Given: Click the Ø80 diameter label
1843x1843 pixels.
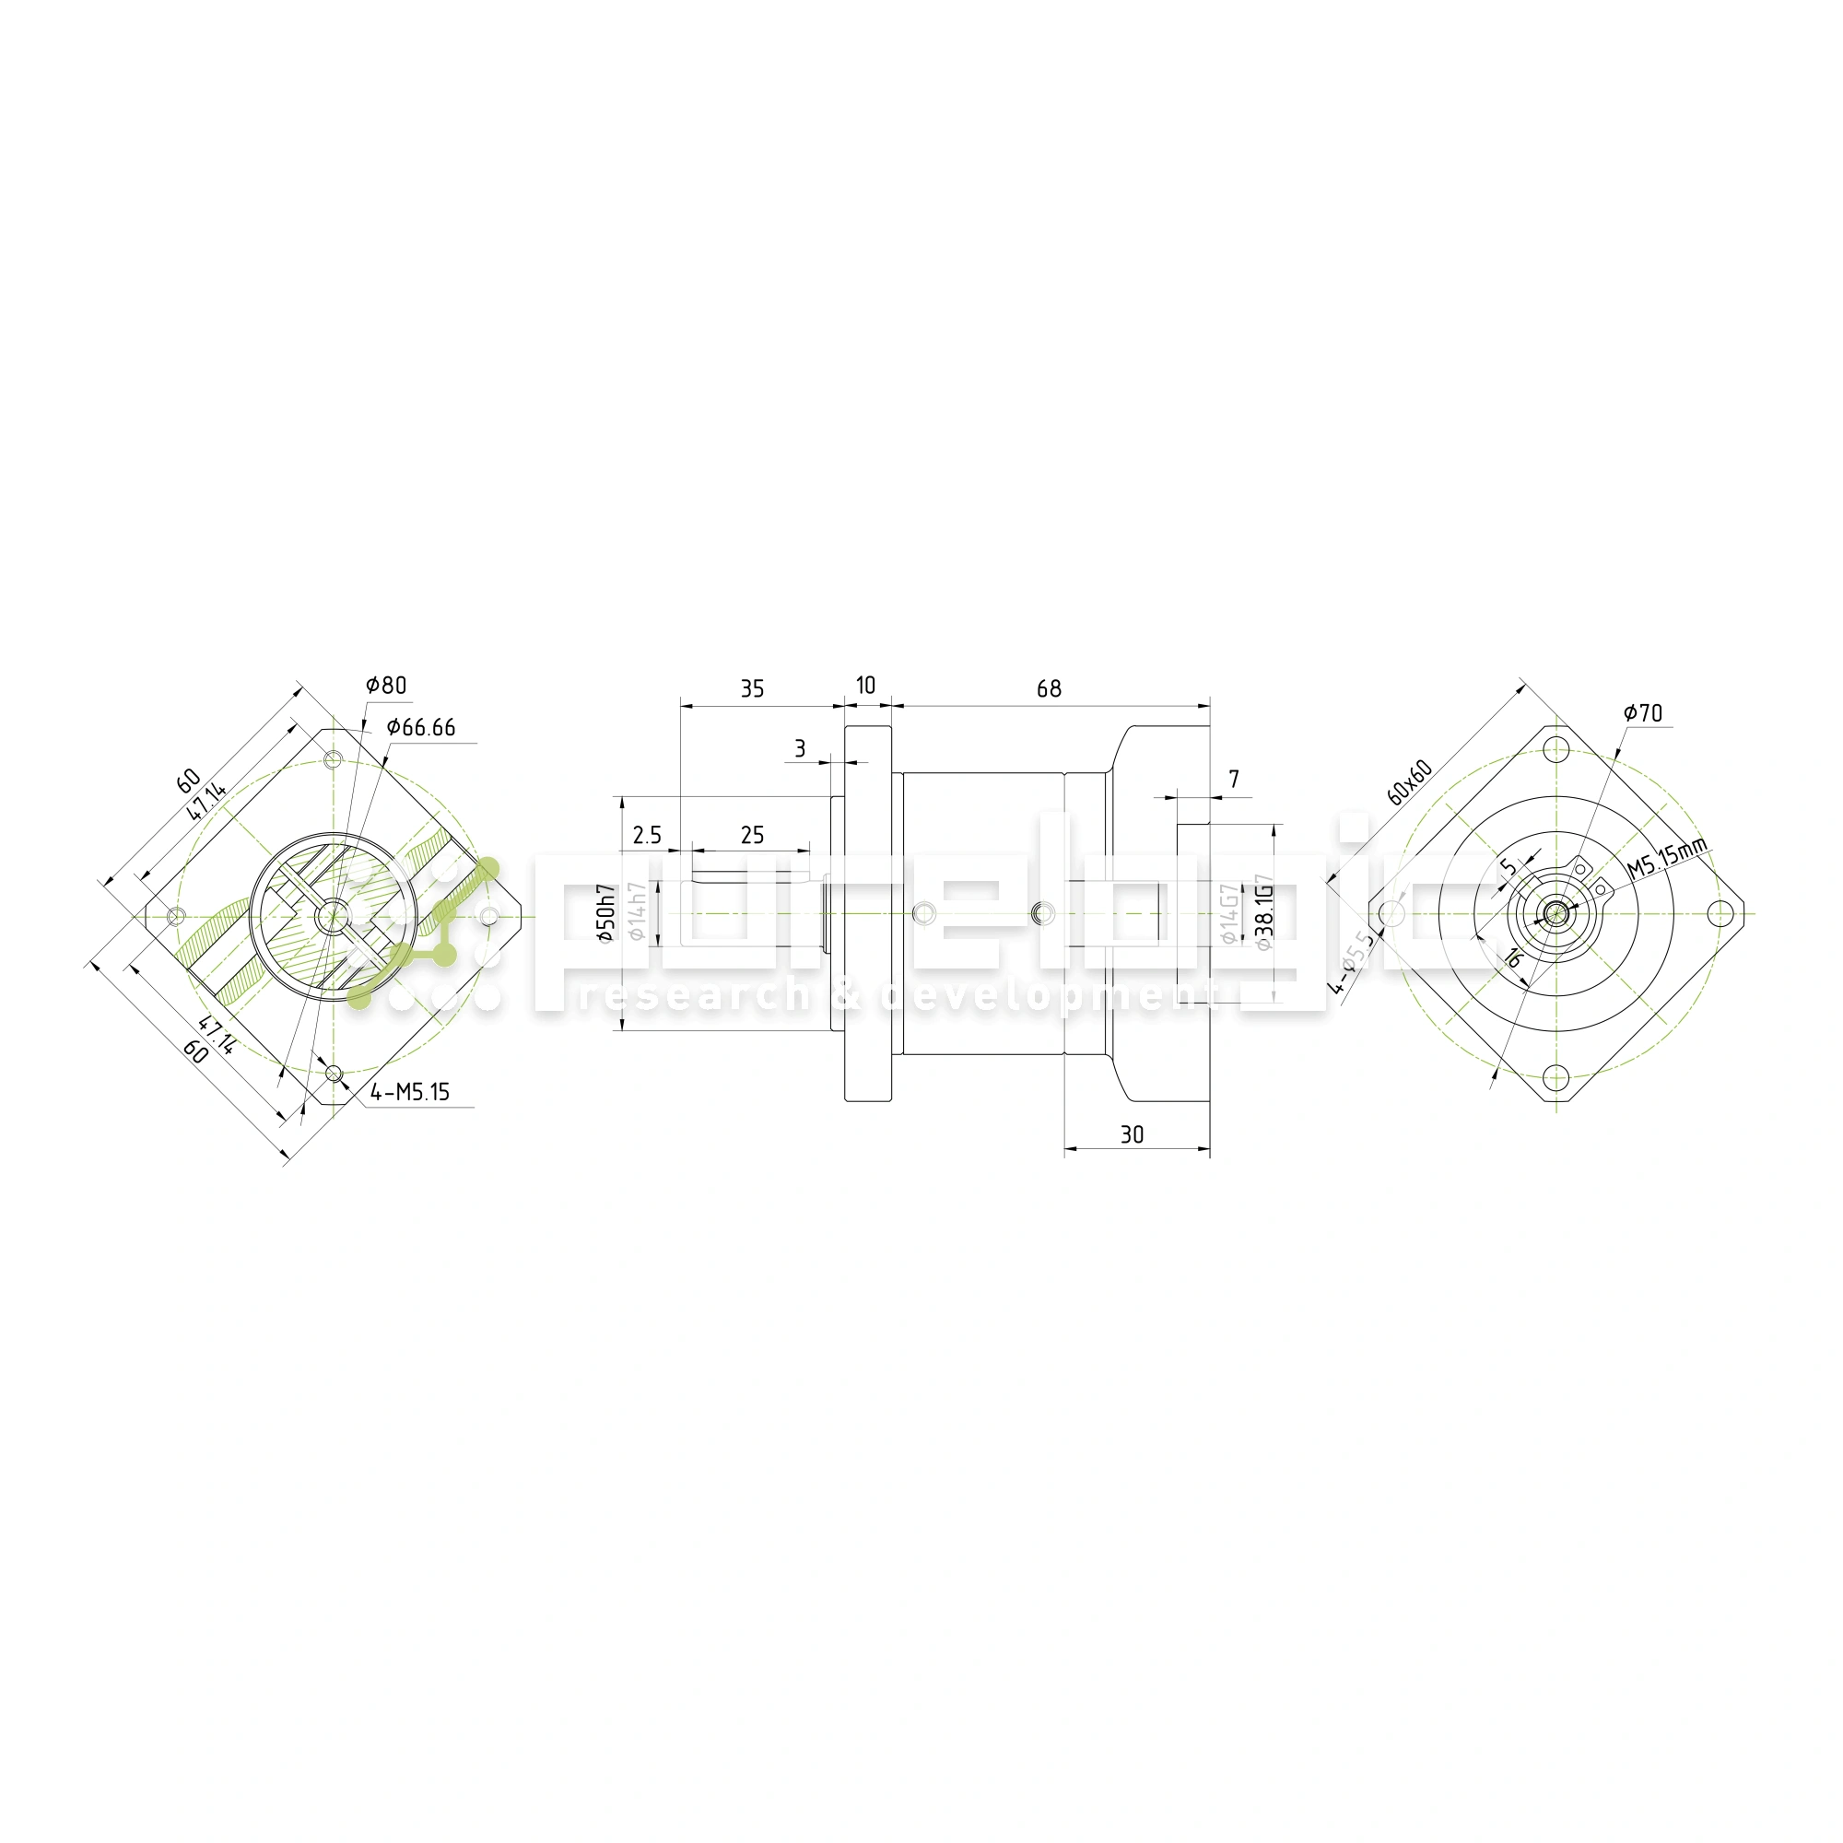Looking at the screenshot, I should coord(386,685).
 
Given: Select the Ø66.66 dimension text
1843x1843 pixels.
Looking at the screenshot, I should coord(421,728).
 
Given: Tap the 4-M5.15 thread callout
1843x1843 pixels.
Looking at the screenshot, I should coord(410,1092).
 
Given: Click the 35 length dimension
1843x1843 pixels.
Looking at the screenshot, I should coord(752,688).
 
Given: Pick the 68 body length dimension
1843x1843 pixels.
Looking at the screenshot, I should coord(1049,688).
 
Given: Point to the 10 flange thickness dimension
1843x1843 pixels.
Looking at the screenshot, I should coord(865,685).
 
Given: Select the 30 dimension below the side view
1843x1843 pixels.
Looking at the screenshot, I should coord(1132,1134).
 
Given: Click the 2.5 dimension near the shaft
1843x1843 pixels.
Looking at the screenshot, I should coord(647,836).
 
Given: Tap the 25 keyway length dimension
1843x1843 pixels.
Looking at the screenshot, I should coord(752,836).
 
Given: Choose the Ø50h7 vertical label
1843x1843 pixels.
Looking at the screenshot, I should coord(605,913).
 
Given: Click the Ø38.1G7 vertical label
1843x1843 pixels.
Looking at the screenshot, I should coord(1264,912).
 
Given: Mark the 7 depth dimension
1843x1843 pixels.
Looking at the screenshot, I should coord(1234,780).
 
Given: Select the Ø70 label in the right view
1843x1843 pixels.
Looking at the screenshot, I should coord(1643,712).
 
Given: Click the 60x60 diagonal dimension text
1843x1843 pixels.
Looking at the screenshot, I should coord(1410,782).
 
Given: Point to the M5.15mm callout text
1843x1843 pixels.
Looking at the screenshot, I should coord(1666,858).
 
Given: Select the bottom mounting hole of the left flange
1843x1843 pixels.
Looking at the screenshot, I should coord(334,1074).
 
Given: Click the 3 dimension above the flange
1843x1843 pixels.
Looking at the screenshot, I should coord(799,749).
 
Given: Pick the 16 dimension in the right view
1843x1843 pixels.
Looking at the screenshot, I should coord(1512,957).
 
